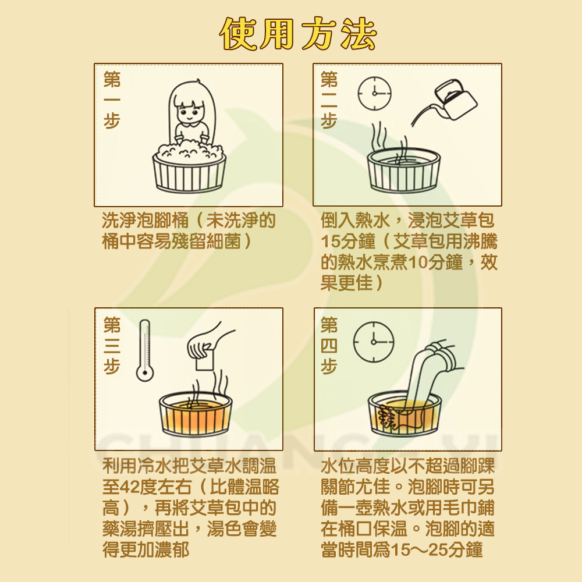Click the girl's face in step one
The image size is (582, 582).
pos(190,111)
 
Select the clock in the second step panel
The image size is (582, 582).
pos(374,93)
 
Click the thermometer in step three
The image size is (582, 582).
pos(145,350)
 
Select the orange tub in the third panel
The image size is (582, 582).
pos(196,413)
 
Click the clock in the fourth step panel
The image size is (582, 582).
pos(374,342)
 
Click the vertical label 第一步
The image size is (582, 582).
pos(112,100)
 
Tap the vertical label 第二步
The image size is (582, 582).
pos(329,100)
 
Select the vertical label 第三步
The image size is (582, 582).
pos(112,345)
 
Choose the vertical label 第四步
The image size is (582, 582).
pos(329,345)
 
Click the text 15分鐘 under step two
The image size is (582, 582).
pos(348,242)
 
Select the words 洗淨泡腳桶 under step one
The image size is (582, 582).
pos(145,221)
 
